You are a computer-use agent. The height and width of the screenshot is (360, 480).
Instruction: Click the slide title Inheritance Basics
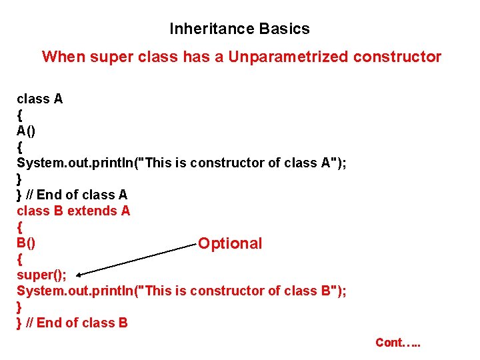[239, 29]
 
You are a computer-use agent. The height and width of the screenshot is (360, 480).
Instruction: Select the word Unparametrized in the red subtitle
[288, 57]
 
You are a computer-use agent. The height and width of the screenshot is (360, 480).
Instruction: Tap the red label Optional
[230, 243]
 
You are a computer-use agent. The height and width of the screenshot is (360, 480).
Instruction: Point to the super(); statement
[41, 275]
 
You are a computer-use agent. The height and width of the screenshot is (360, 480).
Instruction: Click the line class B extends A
[73, 211]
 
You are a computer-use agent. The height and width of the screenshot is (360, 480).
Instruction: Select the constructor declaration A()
[27, 131]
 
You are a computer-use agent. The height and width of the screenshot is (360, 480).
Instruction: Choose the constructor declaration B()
[27, 243]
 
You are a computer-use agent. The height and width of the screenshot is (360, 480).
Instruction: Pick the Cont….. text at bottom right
[398, 343]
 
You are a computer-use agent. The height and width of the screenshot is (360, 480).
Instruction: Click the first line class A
[39, 99]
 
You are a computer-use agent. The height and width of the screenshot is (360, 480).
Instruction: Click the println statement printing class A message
[181, 163]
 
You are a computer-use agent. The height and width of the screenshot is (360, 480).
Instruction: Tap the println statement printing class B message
[181, 291]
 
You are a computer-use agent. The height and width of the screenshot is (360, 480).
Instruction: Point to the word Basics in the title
[285, 29]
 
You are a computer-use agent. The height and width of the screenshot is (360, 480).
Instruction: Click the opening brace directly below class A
[19, 115]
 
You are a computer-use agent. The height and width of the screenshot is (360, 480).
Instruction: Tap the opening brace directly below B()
[19, 259]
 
